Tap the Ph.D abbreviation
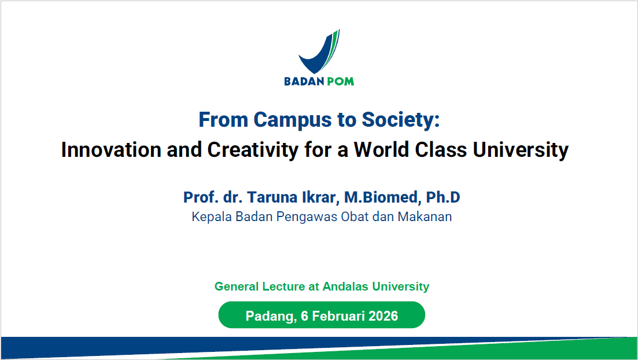pos(443,197)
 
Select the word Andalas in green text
pos(345,286)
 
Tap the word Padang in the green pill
pos(269,316)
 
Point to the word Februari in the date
pos(335,316)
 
